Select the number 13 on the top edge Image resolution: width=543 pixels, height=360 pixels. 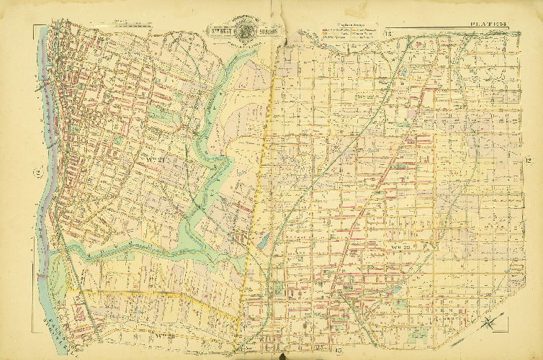point(387,33)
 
